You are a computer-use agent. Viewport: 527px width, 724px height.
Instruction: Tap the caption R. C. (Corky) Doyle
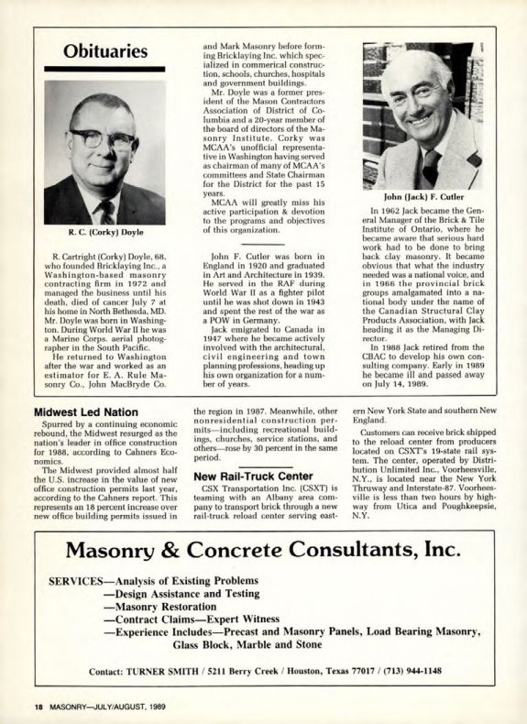pos(104,234)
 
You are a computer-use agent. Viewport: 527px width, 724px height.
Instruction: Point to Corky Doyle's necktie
pos(107,211)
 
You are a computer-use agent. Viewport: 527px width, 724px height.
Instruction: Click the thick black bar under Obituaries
pos(104,70)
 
